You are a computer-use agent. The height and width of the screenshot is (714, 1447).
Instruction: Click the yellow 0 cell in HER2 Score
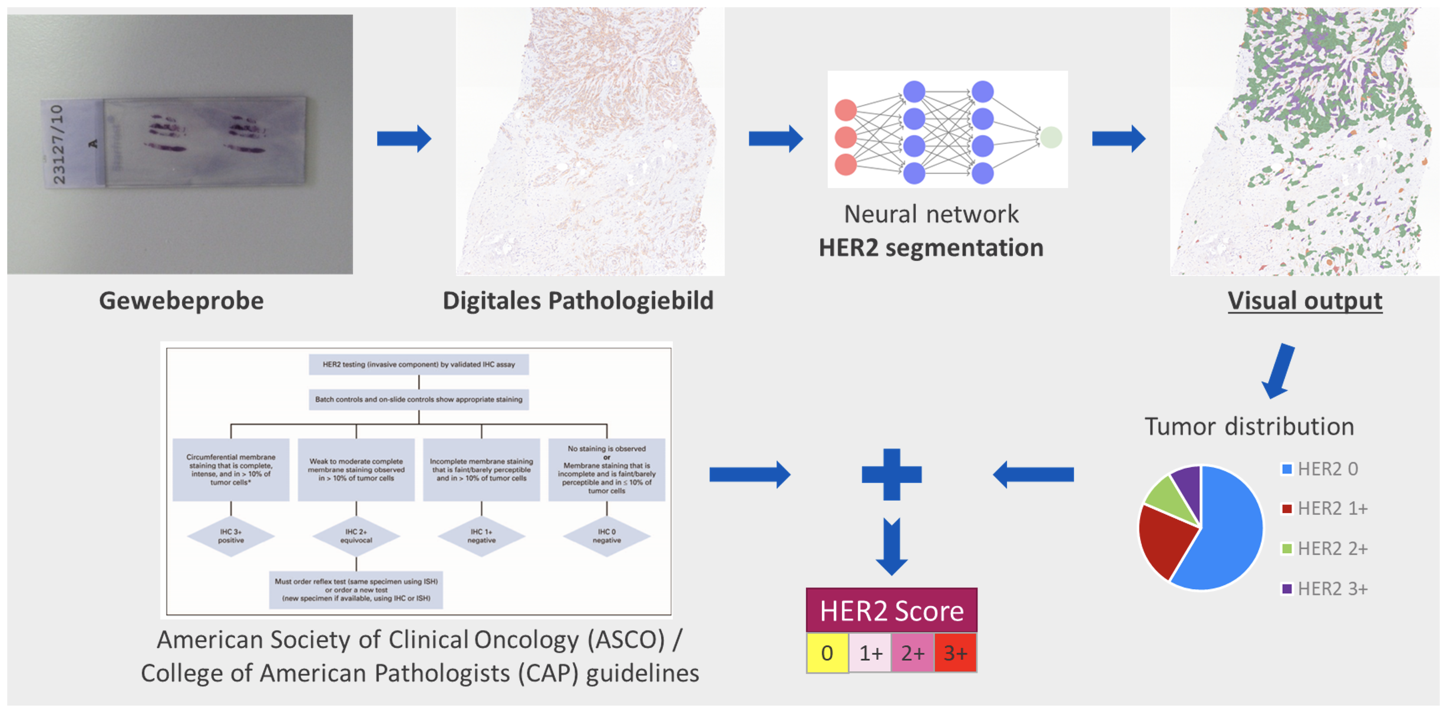827,653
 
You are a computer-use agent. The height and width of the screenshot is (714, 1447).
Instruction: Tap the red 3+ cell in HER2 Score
955,653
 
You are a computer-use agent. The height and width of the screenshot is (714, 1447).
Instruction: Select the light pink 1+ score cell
870,653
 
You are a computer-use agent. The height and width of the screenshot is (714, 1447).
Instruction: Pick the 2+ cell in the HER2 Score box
913,653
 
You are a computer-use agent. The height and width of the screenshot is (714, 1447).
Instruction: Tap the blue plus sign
891,474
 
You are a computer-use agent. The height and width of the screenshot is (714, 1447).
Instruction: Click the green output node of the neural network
1051,137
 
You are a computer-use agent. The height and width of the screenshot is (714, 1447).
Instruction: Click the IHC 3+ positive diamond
231,536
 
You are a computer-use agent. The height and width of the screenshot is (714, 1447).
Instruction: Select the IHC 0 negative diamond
606,536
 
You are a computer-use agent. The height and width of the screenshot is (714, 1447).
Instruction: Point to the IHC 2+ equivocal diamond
356,536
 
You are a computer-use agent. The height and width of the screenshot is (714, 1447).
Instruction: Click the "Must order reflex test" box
356,590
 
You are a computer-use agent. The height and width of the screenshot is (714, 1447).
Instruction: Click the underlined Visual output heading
1304,300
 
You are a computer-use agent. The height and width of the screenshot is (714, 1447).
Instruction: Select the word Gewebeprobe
181,300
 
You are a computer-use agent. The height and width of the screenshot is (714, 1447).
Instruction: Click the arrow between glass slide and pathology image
404,139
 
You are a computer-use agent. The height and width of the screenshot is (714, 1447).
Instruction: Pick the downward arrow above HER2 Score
891,547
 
